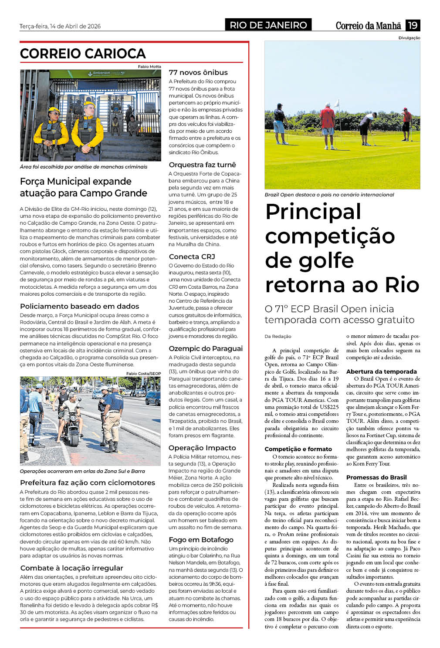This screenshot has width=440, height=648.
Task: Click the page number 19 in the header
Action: [412, 25]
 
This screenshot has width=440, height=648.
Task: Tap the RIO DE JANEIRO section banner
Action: [268, 25]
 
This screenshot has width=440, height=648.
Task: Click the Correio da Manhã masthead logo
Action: [368, 26]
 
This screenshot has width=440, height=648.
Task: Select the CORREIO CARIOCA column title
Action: [83, 54]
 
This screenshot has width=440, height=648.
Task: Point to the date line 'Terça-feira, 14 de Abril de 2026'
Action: [60, 26]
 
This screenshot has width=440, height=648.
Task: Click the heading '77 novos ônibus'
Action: [198, 72]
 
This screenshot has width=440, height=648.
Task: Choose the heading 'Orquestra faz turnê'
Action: [203, 165]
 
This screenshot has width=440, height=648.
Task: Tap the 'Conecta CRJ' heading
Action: [192, 256]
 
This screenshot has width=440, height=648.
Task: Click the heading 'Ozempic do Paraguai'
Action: [206, 348]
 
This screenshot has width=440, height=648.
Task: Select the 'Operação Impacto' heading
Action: [202, 448]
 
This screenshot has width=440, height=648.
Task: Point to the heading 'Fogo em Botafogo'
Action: [201, 540]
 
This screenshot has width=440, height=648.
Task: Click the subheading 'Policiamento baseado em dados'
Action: [80, 306]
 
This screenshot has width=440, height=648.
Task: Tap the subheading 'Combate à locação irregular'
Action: [72, 568]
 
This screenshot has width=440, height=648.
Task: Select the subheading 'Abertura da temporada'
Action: [382, 371]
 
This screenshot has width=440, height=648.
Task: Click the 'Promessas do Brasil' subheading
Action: [376, 477]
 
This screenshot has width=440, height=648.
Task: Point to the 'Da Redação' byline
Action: [278, 336]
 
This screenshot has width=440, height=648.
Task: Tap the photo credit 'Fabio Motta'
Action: [149, 67]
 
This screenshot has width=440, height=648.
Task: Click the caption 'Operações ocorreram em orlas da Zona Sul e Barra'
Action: [82, 471]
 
